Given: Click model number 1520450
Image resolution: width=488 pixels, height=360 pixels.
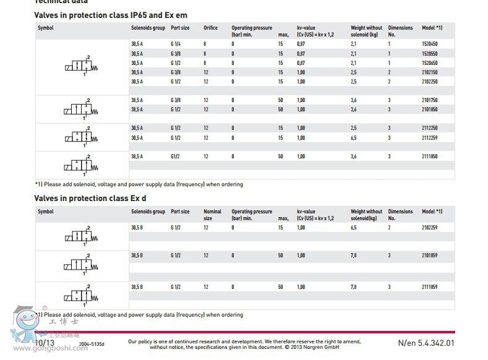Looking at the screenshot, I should click(x=429, y=44).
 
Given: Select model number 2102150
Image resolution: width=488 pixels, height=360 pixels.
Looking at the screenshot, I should click(x=429, y=72).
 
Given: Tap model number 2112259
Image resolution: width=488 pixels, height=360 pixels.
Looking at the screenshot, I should click(x=429, y=138).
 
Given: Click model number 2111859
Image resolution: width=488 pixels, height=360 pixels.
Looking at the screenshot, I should click(x=429, y=287).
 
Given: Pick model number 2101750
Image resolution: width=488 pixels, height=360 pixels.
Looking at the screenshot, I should click(x=429, y=100).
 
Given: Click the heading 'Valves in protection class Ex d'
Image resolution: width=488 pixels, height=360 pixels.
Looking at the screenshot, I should click(x=90, y=198).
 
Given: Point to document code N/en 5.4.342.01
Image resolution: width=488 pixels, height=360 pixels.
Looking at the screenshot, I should click(x=426, y=343).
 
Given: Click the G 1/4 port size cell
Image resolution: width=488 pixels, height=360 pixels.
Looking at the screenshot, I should click(x=176, y=44).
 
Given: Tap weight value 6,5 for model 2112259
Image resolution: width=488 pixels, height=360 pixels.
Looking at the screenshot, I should click(x=354, y=138).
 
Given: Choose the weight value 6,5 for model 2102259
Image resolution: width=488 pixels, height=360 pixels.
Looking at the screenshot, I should click(x=354, y=228).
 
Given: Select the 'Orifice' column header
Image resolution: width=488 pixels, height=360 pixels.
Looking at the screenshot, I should click(x=210, y=28).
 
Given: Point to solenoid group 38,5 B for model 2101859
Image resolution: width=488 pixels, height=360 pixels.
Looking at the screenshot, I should click(x=137, y=255).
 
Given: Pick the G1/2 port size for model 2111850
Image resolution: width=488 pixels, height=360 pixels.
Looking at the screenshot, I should click(x=176, y=156).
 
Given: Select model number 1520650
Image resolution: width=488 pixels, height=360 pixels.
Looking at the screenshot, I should click(x=429, y=63).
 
